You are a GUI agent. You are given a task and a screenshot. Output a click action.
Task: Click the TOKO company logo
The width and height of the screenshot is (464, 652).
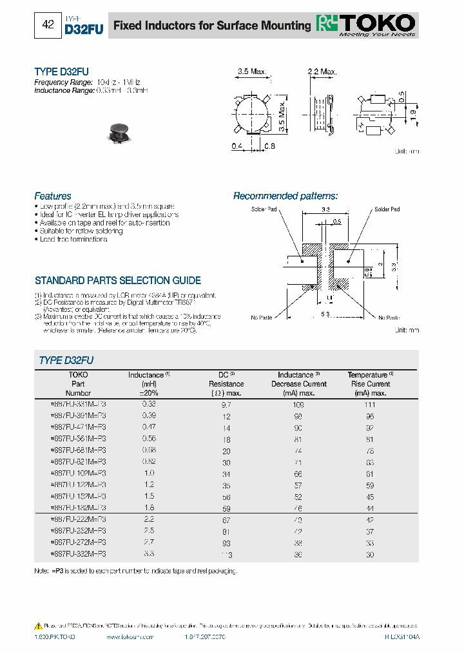tap(365, 24)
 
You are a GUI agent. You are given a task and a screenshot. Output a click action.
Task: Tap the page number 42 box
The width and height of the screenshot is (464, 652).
tap(48, 26)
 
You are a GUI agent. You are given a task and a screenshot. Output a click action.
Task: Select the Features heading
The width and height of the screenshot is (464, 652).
tap(53, 196)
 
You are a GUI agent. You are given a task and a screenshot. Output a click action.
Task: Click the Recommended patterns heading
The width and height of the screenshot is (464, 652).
tap(285, 196)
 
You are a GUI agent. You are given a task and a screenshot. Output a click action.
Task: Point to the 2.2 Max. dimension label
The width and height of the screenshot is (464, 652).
tap(322, 71)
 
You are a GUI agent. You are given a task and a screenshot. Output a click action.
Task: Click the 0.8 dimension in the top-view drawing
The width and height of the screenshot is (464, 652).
tap(269, 146)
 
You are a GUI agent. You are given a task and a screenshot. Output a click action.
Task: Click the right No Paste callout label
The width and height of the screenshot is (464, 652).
tap(389, 318)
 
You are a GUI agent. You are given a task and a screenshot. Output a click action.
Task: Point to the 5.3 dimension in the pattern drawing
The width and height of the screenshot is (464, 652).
tap(325, 314)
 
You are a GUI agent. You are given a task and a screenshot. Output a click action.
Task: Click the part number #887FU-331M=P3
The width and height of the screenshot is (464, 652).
tap(77, 403)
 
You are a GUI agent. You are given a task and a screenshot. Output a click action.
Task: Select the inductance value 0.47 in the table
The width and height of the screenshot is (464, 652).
tap(149, 427)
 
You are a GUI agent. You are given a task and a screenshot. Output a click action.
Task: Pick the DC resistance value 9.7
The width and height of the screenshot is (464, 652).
tap(226, 404)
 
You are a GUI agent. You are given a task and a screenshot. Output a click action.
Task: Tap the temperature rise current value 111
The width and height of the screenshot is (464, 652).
tap(370, 404)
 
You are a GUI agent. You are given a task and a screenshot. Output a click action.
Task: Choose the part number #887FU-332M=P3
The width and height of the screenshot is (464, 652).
tap(77, 553)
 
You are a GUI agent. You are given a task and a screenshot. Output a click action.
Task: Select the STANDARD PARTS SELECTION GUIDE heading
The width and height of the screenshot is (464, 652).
tap(117, 281)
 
